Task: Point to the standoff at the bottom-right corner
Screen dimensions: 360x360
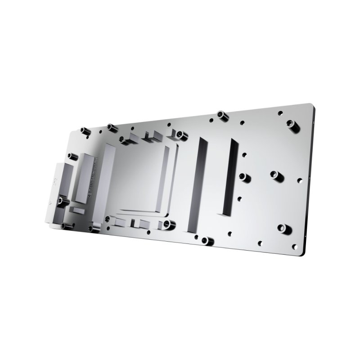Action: point(282,228)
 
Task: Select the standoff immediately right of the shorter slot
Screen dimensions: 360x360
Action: point(243,176)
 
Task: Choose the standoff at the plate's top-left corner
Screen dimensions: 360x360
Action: point(84,131)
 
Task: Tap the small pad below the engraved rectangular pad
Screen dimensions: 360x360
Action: point(76,210)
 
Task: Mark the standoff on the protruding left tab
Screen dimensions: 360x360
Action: point(60,198)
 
